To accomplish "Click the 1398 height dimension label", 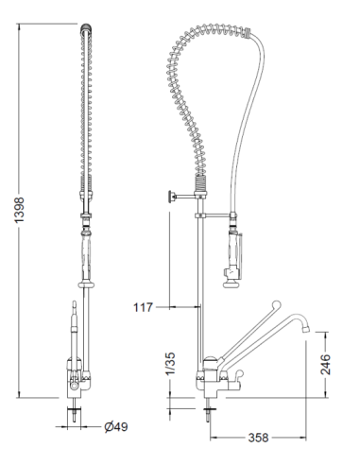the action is coord(20,210).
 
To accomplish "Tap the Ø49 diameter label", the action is coord(116,427).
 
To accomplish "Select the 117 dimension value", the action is coord(143,307).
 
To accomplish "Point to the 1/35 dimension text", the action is coord(170,364).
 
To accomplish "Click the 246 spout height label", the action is coord(326,364).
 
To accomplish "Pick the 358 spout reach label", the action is coord(258,438).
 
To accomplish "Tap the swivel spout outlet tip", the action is coord(305,329).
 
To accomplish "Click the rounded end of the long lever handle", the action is coord(276,304).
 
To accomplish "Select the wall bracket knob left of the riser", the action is coord(172,197).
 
